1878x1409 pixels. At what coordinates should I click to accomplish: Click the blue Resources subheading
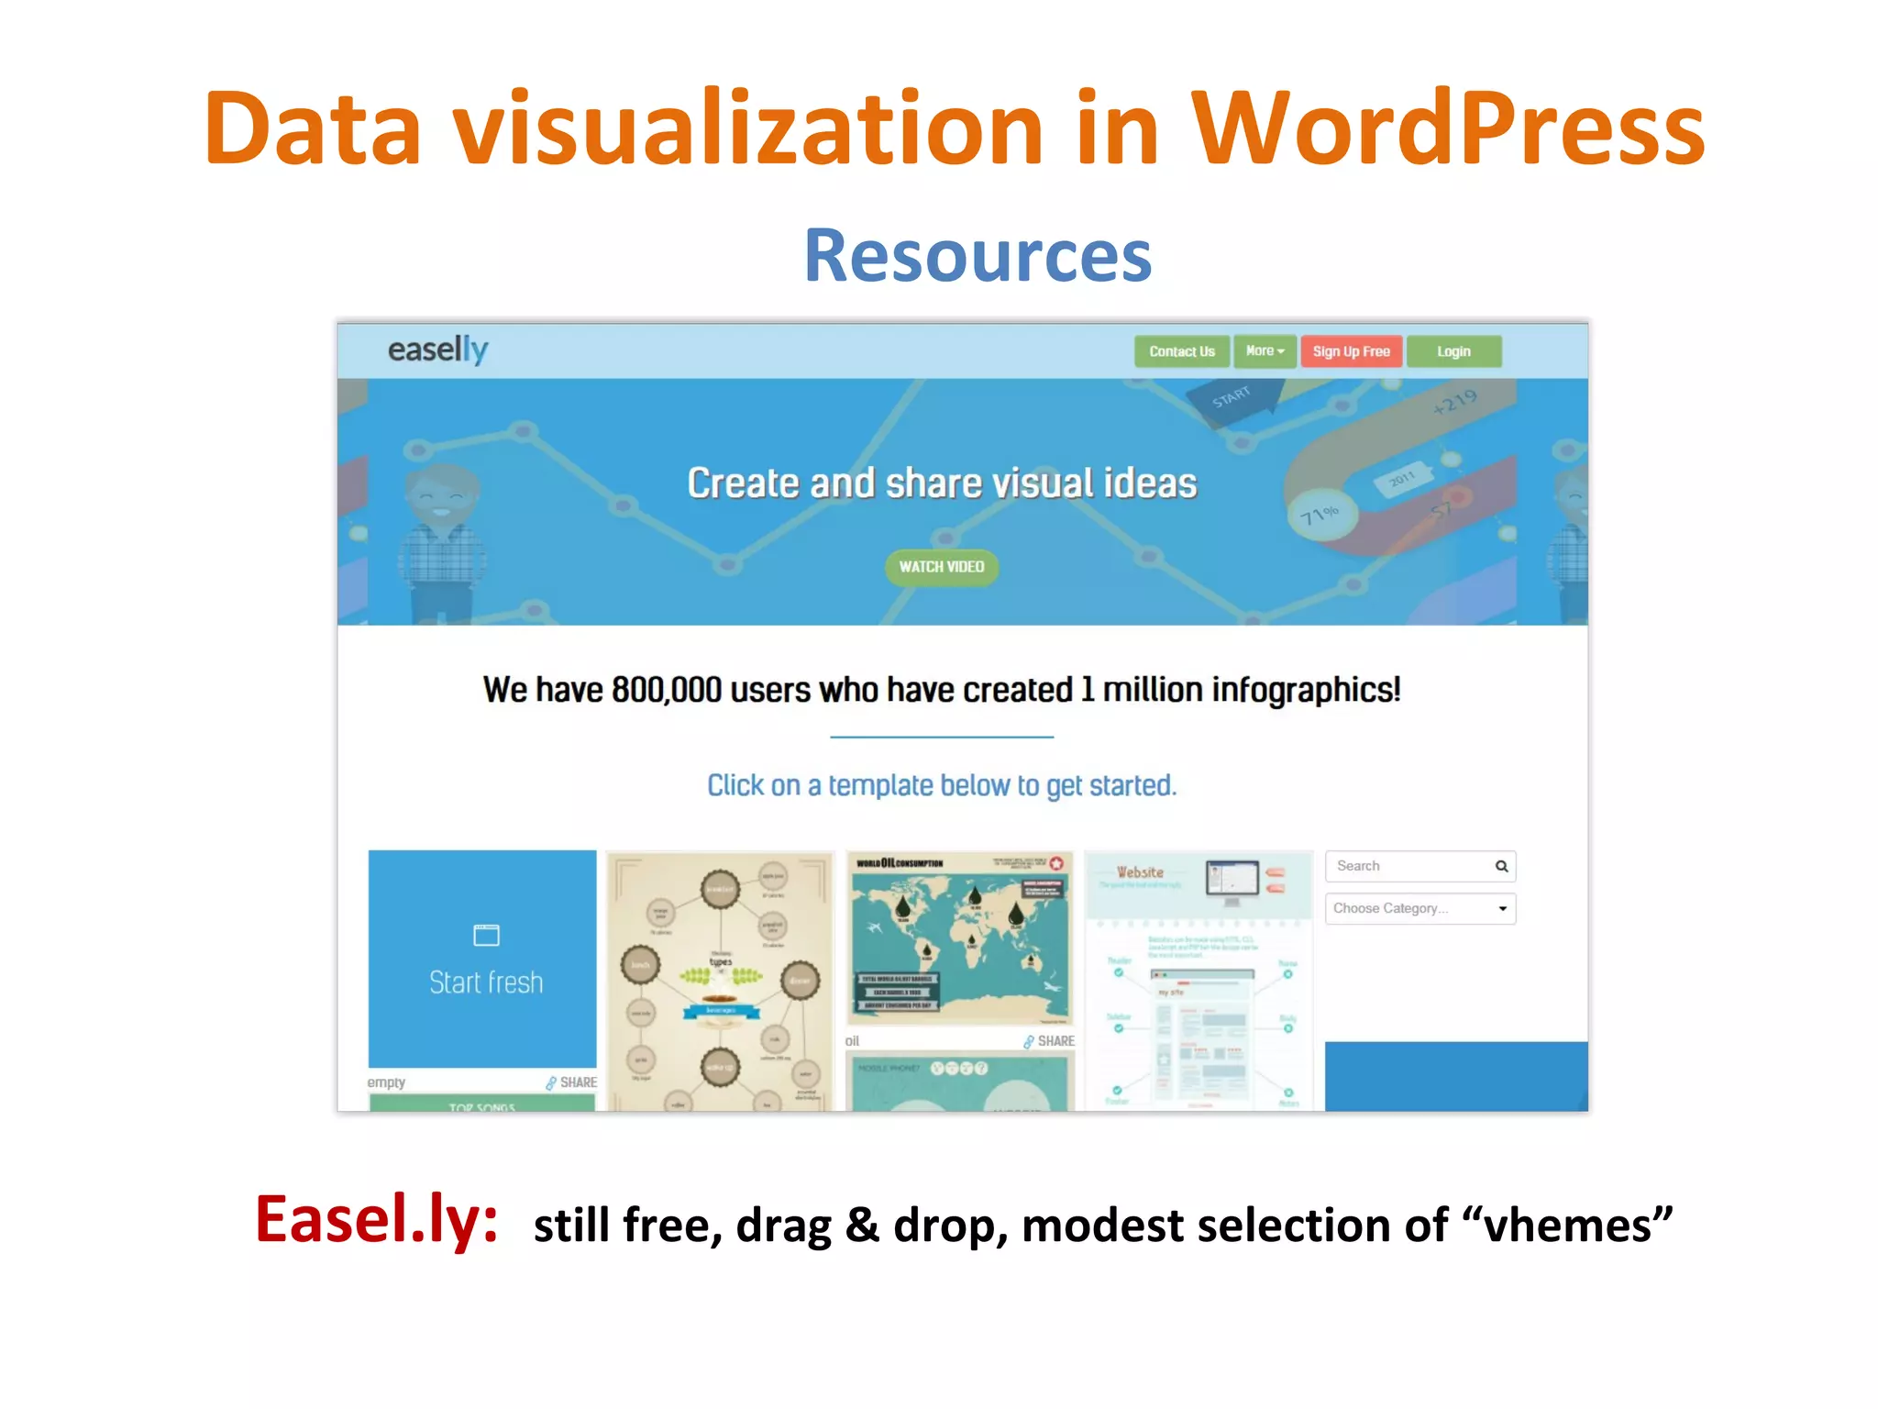tap(978, 256)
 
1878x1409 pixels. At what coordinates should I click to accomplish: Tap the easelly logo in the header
tap(437, 349)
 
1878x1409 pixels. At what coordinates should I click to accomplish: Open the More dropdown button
tap(1265, 351)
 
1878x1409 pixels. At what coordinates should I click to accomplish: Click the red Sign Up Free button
tap(1351, 351)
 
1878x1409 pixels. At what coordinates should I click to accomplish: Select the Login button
tap(1453, 351)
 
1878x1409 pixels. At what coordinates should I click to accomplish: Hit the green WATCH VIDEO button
tap(941, 567)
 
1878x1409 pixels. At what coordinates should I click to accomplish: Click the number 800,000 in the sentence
tap(667, 690)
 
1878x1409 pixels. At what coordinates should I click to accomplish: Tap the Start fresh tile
tap(482, 959)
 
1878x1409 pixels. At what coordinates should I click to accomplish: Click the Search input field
tap(1408, 866)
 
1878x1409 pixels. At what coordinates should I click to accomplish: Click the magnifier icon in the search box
tap(1501, 866)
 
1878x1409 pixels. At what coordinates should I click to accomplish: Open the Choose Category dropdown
tap(1420, 908)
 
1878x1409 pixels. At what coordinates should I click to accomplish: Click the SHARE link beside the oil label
tap(1050, 1041)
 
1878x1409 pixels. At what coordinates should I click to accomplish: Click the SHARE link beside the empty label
tap(572, 1082)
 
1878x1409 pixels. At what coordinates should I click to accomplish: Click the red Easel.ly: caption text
tap(376, 1220)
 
